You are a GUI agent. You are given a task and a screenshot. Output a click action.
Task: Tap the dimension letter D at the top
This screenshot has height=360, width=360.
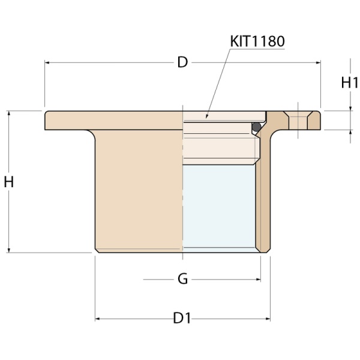click(182, 62)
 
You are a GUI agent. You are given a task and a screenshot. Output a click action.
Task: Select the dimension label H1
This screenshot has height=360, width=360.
click(349, 83)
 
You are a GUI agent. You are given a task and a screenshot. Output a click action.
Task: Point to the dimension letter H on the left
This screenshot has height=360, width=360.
click(9, 182)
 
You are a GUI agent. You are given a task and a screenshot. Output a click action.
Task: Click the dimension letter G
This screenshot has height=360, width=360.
click(183, 279)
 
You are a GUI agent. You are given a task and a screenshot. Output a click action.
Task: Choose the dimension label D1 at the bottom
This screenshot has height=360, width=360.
click(182, 319)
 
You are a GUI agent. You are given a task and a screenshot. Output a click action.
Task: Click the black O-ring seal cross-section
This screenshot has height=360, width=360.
click(256, 127)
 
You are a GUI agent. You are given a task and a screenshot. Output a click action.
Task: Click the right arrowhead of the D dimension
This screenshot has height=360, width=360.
click(318, 62)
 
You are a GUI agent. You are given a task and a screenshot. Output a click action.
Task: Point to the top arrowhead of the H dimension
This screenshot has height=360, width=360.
click(9, 113)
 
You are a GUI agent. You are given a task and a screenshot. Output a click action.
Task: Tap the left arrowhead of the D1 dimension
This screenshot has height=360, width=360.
click(98, 319)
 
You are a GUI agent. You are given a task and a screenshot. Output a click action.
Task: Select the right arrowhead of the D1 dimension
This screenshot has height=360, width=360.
click(266, 319)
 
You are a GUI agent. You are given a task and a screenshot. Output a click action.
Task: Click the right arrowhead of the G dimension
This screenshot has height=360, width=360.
click(258, 279)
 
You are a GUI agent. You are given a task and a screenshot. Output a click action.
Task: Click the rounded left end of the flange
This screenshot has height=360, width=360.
click(47, 120)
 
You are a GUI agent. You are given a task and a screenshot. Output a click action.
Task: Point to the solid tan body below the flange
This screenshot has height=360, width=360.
click(138, 192)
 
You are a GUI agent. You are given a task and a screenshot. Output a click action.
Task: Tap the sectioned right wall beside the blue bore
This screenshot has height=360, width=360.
click(262, 204)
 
